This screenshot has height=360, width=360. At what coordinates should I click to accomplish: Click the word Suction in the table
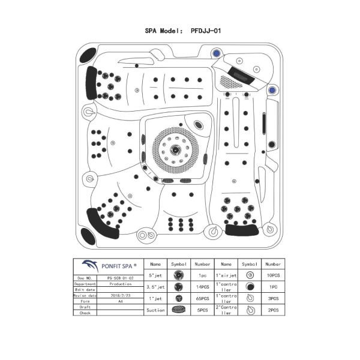pos(155,310)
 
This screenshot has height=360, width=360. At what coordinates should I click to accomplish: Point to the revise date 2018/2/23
pos(121,295)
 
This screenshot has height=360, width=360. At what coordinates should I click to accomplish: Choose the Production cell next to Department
pos(121,284)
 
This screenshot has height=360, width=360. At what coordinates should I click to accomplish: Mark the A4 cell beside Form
pos(121,301)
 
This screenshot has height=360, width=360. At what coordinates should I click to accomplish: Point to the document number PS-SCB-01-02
pos(121,278)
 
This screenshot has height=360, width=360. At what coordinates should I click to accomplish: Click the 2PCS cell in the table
pos(273,310)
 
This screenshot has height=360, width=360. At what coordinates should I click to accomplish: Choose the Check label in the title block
pos(85,313)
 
